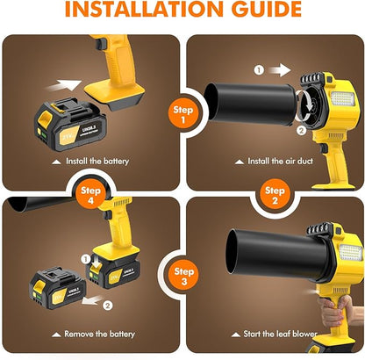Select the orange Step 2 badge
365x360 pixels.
coord(276,195)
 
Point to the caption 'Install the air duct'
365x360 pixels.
coord(276,162)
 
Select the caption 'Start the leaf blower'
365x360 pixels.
coord(276,334)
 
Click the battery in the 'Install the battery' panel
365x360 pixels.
coord(62,123)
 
